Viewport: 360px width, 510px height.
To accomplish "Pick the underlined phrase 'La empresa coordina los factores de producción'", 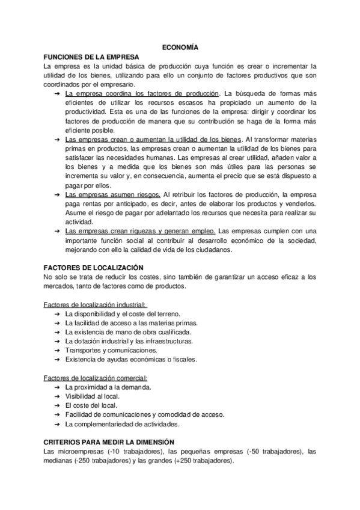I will (x=142, y=94).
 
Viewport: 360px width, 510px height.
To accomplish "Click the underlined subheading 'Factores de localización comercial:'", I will (x=96, y=378).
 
